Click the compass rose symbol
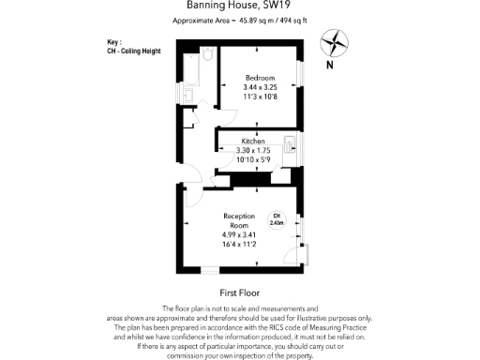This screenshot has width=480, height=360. coord(335,42)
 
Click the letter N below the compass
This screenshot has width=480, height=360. coord(329,65)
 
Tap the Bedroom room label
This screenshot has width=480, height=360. coord(260,77)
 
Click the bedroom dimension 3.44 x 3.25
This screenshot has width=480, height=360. coord(260,86)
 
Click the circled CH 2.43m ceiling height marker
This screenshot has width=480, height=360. coord(277,220)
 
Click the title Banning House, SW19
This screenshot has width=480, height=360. coord(239,7)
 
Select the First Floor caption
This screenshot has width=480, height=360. coord(238,292)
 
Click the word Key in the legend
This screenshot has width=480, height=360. coord(114,42)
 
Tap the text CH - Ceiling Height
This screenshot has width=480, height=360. coord(134,51)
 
